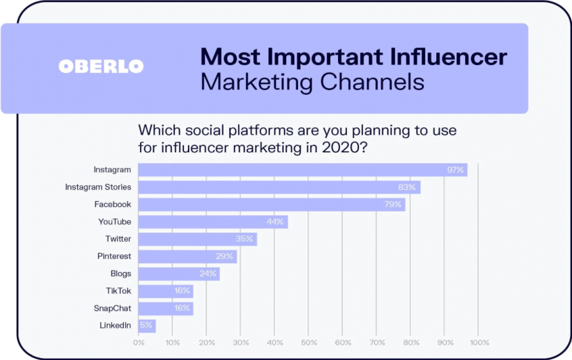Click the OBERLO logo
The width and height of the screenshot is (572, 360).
[x=101, y=66]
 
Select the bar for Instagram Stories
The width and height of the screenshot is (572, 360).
[x=279, y=187]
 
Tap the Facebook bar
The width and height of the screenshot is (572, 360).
[x=272, y=204]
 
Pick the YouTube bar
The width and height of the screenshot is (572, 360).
[x=213, y=222]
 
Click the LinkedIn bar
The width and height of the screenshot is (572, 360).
[x=147, y=325]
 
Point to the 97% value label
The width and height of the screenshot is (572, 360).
[x=455, y=170]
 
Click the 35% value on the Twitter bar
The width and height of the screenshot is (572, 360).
[x=244, y=239]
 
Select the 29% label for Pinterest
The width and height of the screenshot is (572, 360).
[x=224, y=256]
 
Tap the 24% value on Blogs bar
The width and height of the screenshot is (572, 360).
[x=208, y=273]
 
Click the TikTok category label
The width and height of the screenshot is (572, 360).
[x=118, y=291]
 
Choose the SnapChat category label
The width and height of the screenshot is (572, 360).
[x=112, y=308]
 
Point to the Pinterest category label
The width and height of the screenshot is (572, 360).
[x=114, y=256]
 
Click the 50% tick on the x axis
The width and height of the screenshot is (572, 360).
[x=309, y=343]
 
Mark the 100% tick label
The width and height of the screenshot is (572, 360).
[x=479, y=343]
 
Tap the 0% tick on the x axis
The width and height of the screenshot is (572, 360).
[x=139, y=343]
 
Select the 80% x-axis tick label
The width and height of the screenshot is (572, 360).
[x=411, y=343]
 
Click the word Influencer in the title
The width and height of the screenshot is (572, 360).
[x=448, y=57]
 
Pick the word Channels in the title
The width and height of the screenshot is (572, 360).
[x=372, y=82]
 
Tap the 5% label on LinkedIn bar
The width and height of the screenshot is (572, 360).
[x=146, y=325]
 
